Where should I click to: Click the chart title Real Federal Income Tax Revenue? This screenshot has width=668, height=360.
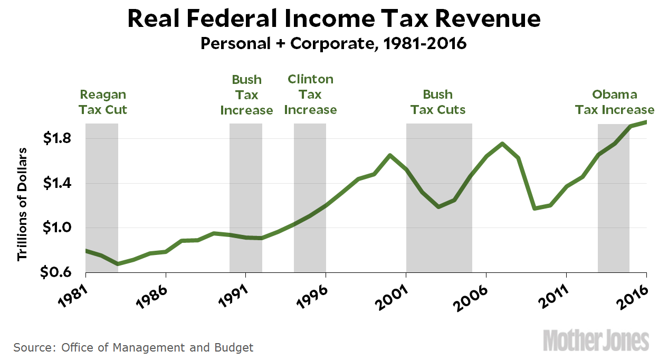(x=334, y=19)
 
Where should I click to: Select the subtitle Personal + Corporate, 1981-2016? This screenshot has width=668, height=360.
(x=334, y=43)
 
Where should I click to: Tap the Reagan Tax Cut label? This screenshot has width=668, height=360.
(x=103, y=102)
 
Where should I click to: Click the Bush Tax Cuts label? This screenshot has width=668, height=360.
(x=438, y=102)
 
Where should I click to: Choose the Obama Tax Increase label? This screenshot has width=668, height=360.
(x=614, y=102)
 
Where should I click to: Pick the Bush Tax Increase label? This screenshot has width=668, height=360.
(x=247, y=94)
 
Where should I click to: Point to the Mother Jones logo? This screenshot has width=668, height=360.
(x=597, y=340)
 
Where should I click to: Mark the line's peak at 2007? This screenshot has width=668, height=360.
(x=502, y=144)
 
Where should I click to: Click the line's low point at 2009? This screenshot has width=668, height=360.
(x=535, y=208)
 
